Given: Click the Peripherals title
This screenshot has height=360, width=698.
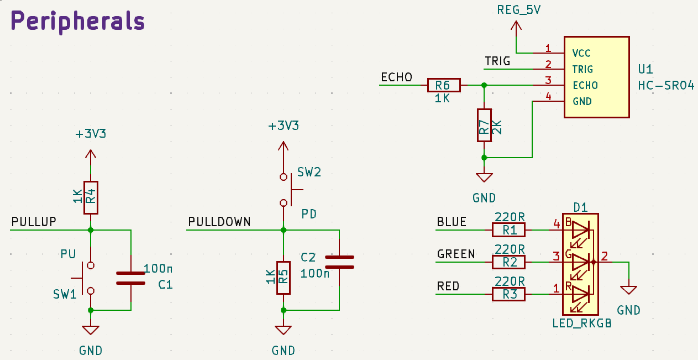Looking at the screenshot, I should [x=78, y=22].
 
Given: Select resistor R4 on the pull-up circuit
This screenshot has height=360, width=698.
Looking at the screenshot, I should [x=91, y=197].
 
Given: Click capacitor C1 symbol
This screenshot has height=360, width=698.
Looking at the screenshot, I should [x=130, y=278].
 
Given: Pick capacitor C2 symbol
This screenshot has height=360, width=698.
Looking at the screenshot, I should [x=339, y=262].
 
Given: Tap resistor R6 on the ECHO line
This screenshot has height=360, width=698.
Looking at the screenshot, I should [x=443, y=85].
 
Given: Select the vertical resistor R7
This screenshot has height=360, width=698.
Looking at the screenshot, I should [x=484, y=125].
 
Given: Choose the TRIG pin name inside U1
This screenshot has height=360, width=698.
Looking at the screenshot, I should [x=582, y=70].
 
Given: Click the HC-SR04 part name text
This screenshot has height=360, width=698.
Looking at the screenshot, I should [x=665, y=86].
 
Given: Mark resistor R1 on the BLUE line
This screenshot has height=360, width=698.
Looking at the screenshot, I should [x=508, y=229].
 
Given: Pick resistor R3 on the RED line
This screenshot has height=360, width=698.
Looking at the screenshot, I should [x=508, y=294].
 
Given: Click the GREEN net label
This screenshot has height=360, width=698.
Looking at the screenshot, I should [x=456, y=254].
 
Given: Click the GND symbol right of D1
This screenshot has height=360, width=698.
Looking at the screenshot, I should [x=628, y=290].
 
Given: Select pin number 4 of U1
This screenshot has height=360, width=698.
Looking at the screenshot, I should [x=548, y=97].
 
